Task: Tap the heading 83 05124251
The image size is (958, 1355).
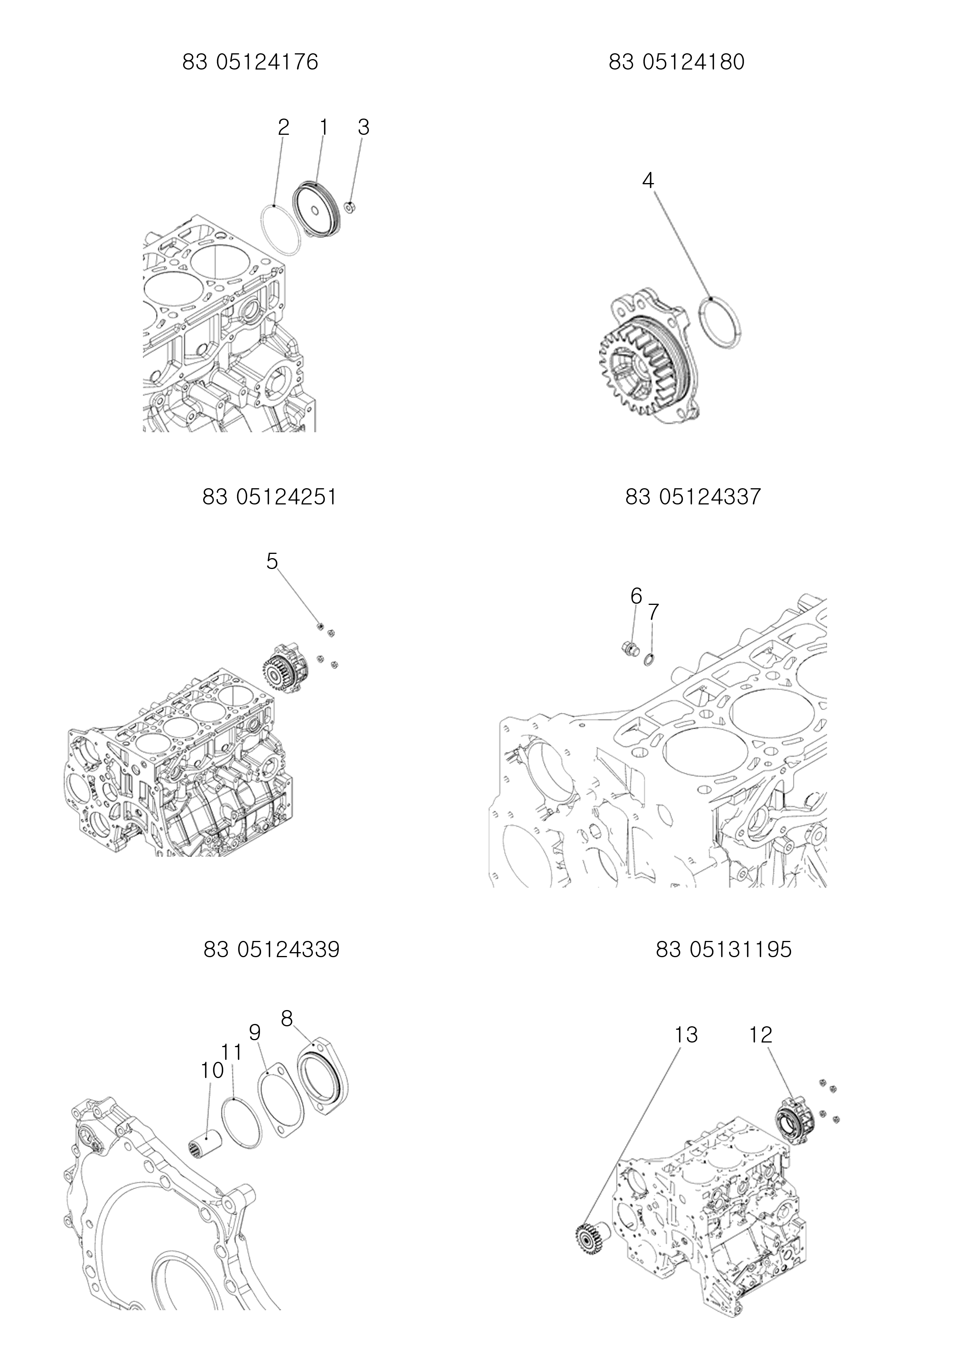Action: point(270,497)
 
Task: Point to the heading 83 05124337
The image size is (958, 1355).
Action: point(693,497)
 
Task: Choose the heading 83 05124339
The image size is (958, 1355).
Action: point(272,949)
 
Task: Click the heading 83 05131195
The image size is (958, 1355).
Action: point(724,949)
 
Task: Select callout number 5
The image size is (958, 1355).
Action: point(272,561)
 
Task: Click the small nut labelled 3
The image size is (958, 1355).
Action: point(349,207)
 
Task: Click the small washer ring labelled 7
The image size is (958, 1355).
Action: point(649,658)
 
